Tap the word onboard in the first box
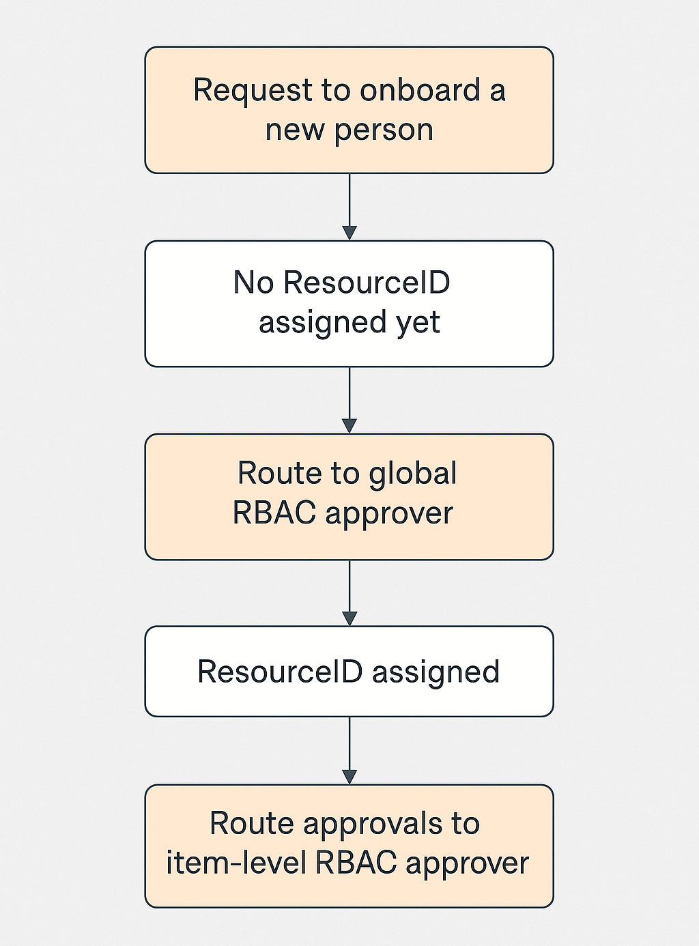pos(420,90)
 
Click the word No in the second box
pos(253,283)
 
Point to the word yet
pos(418,323)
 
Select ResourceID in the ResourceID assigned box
pos(280,672)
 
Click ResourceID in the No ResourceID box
pos(367,283)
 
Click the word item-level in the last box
pos(236,863)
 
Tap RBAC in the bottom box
pos(356,863)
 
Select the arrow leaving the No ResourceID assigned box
pos(349,400)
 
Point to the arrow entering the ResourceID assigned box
pos(349,592)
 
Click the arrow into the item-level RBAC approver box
pos(349,751)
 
